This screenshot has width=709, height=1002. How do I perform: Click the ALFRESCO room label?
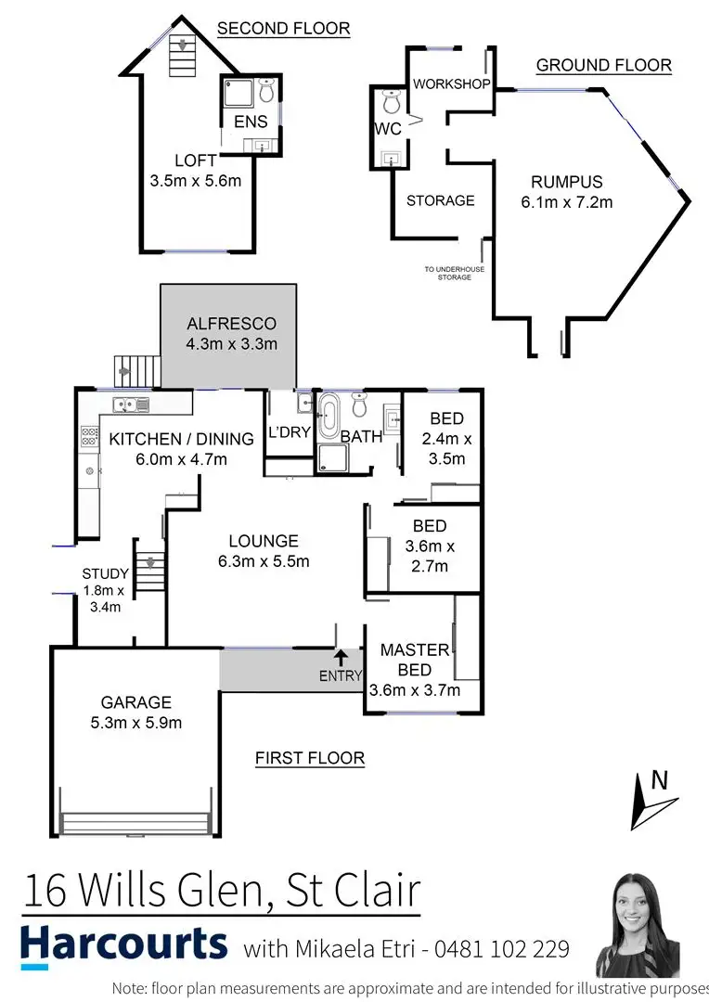point(231,324)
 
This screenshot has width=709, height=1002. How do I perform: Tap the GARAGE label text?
point(136,702)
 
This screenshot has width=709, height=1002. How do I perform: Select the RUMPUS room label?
point(566,182)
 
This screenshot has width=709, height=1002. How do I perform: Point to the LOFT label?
point(195,161)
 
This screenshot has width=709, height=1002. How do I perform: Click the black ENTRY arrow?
point(341,658)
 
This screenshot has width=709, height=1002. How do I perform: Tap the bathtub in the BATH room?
point(329,418)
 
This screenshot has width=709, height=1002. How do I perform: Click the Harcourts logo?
point(123,944)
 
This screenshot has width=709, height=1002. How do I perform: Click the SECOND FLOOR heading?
point(283,29)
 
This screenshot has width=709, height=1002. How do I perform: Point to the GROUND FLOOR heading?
point(603,65)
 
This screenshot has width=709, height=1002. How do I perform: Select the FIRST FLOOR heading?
point(310,759)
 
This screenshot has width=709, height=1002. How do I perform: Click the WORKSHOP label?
point(451,84)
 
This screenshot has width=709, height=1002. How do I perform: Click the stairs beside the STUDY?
point(148,567)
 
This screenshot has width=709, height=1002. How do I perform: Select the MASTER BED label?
point(414,660)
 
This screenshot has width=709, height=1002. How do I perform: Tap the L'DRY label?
point(289,433)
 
